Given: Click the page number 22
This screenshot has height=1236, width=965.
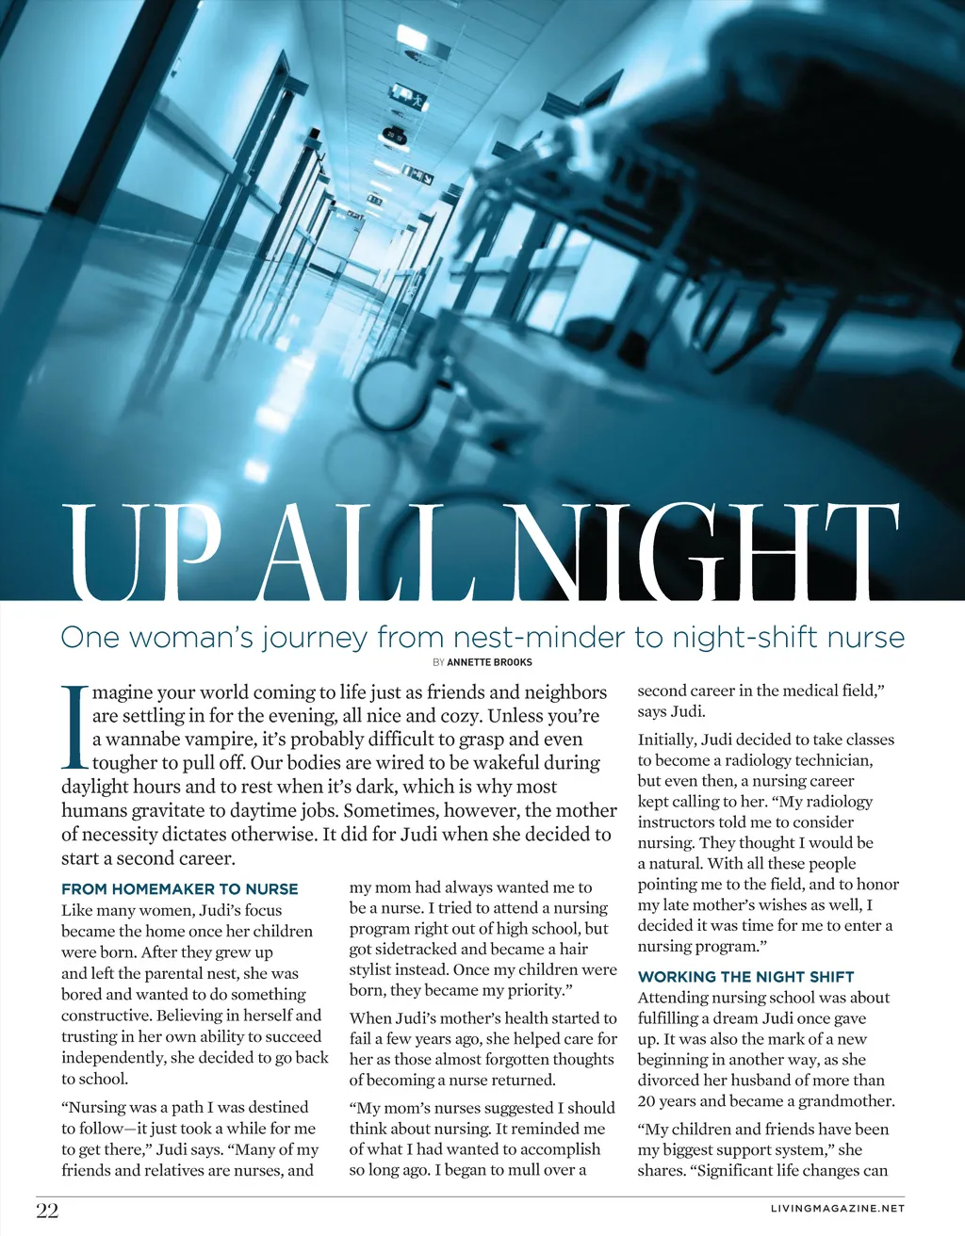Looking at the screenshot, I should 47,1211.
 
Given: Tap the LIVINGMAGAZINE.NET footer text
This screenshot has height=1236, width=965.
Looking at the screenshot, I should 837,1208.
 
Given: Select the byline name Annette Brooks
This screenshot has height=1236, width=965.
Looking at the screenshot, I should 489,662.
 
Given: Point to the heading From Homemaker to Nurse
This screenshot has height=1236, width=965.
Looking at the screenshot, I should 179,888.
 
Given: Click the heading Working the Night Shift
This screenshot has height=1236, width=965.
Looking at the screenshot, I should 745,977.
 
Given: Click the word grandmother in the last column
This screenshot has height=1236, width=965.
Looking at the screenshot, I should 845,1101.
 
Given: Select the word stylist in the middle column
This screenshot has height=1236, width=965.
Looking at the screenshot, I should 374,970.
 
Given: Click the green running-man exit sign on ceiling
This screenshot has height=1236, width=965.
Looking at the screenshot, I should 410,97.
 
